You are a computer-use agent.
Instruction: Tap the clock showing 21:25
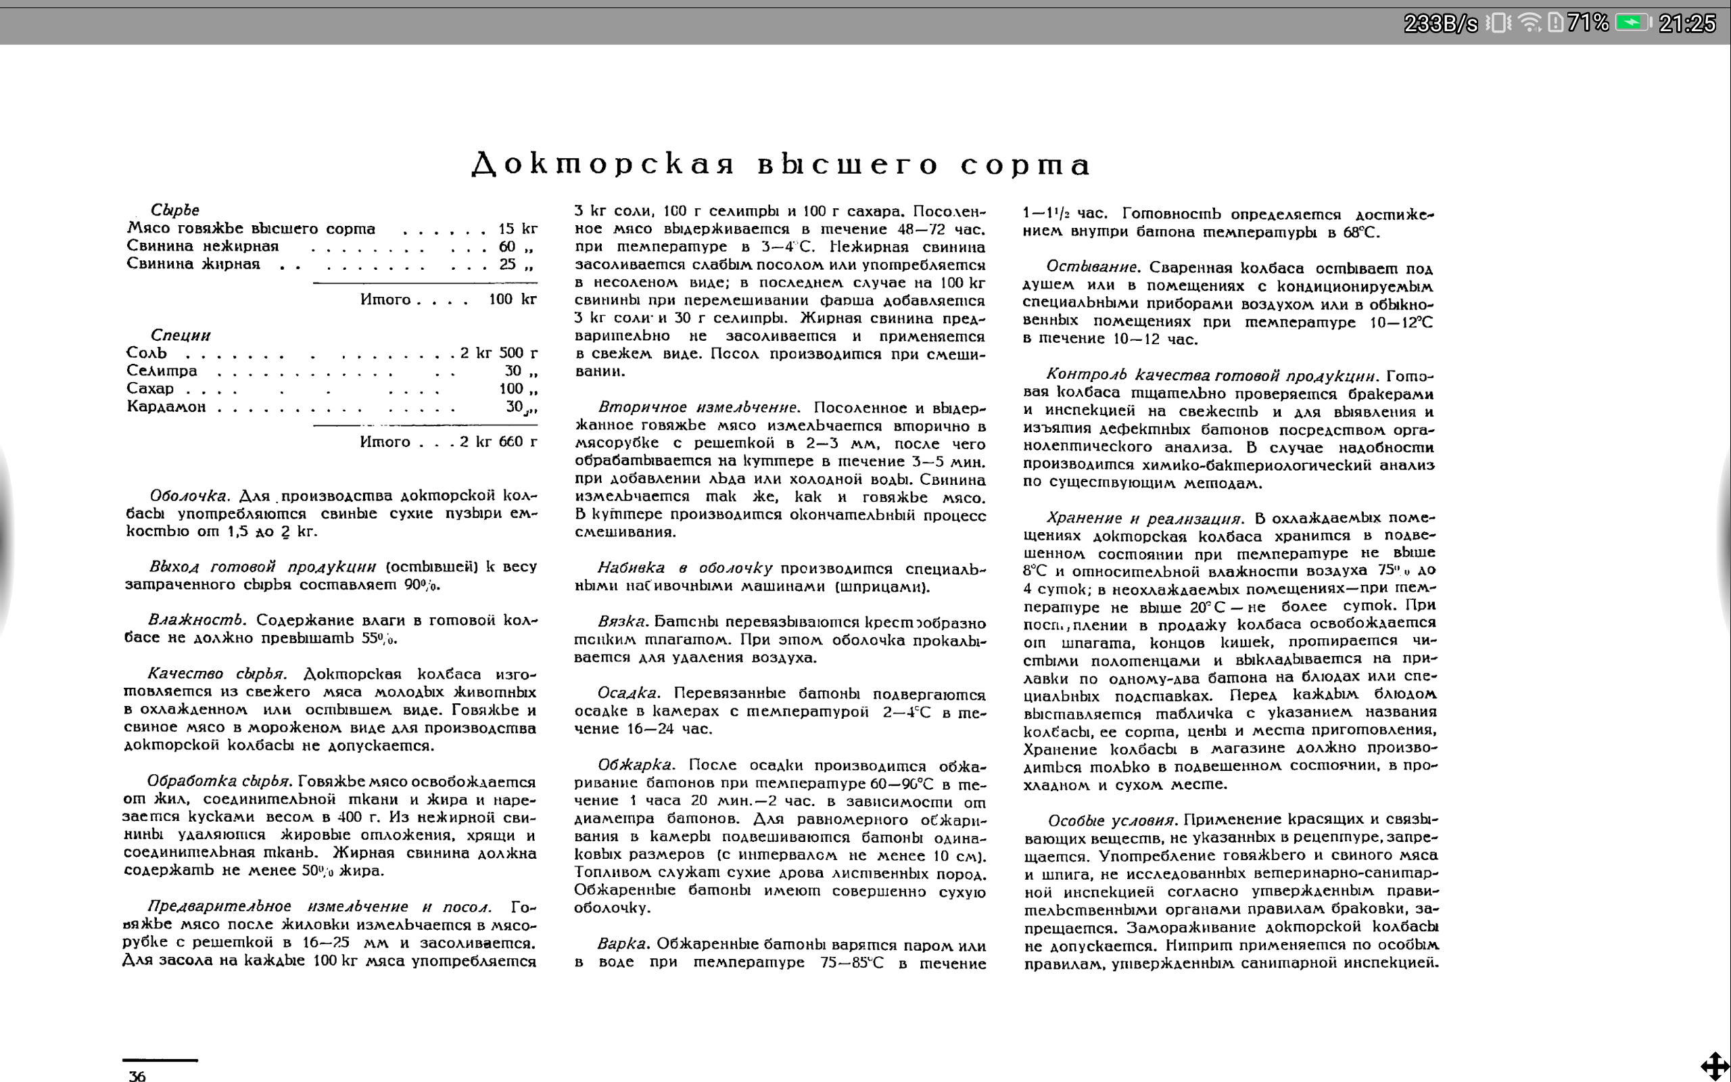point(1686,24)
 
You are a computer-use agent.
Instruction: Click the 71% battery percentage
point(1587,23)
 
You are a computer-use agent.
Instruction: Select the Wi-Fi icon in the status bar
point(1530,23)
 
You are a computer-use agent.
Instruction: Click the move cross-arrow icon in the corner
point(1715,1066)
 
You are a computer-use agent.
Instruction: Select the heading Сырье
point(174,210)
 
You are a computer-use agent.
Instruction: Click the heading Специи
point(181,335)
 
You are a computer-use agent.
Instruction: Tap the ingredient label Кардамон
point(166,406)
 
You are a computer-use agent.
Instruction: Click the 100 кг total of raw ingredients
point(512,299)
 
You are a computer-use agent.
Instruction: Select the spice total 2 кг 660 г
point(498,442)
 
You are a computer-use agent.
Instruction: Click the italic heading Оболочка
point(189,495)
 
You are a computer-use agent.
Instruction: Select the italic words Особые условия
point(1112,820)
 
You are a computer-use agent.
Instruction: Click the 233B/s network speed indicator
point(1440,24)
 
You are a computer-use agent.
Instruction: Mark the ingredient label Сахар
point(150,389)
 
